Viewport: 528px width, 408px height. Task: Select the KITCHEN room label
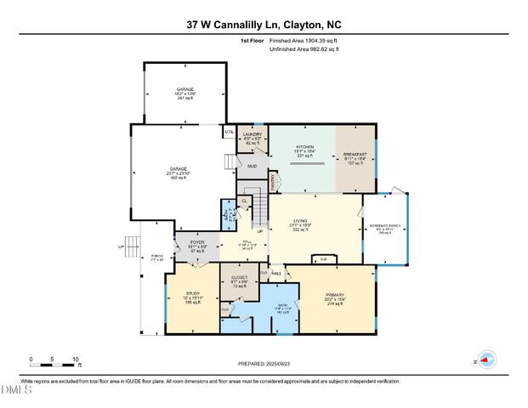point(304,147)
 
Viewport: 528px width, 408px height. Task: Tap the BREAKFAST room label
point(354,155)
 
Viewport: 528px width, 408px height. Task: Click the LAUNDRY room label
point(252,134)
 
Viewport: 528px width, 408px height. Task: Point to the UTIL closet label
point(230,132)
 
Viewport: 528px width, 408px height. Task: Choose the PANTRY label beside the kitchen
point(274,179)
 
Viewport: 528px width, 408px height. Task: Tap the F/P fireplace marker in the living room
point(323,258)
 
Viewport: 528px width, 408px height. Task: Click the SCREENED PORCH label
point(385,226)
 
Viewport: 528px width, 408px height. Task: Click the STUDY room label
point(193,294)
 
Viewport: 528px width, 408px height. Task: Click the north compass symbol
point(485,360)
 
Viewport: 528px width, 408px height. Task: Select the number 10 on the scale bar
point(77,360)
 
